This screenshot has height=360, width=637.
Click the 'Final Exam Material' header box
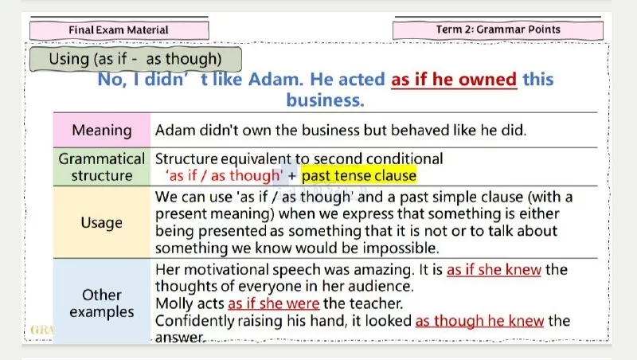(x=119, y=30)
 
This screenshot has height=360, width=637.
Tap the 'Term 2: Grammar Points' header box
(x=498, y=29)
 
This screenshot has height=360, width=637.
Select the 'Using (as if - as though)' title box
(x=135, y=59)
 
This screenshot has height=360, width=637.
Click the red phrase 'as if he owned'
(x=454, y=79)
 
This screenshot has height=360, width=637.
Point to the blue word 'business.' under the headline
(x=325, y=100)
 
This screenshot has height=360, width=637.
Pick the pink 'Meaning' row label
(x=102, y=131)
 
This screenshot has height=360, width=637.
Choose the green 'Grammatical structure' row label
(x=102, y=167)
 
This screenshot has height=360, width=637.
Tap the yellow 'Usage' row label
(x=102, y=222)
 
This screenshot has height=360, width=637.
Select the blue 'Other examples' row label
(x=102, y=302)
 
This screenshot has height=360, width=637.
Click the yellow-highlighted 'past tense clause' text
(x=359, y=175)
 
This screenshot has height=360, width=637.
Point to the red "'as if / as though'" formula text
(x=225, y=175)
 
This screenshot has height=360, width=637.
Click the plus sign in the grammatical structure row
(x=292, y=176)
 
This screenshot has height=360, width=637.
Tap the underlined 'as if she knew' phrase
(x=494, y=269)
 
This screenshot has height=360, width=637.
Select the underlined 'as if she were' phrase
(x=274, y=303)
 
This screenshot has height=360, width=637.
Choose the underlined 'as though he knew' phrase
(x=479, y=321)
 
